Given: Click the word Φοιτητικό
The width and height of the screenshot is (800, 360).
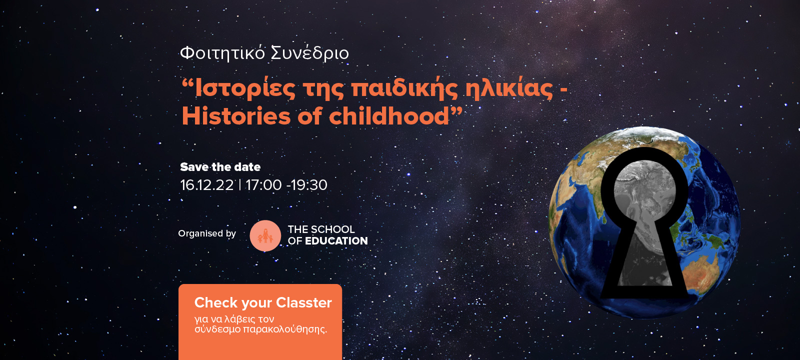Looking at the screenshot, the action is tap(222, 53).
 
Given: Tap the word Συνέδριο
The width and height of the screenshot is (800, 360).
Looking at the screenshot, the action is tap(310, 53).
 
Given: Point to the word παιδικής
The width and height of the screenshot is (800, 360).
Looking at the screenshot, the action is tap(404, 89).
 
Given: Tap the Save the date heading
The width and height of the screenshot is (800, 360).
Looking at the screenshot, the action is tap(220, 167).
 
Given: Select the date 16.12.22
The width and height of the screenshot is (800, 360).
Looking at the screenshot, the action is tap(207, 185).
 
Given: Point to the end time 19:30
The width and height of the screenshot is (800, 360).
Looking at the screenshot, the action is tap(308, 185).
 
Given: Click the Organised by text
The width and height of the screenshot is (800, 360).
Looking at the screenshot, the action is tap(207, 233).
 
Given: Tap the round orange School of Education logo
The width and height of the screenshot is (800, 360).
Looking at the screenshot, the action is tap(265, 235).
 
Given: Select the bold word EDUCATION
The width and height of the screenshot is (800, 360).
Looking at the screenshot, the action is tap(336, 241).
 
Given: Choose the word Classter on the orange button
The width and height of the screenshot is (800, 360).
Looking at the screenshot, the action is tap(304, 303).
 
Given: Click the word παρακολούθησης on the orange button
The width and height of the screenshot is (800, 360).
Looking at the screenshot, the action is tap(284, 329).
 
